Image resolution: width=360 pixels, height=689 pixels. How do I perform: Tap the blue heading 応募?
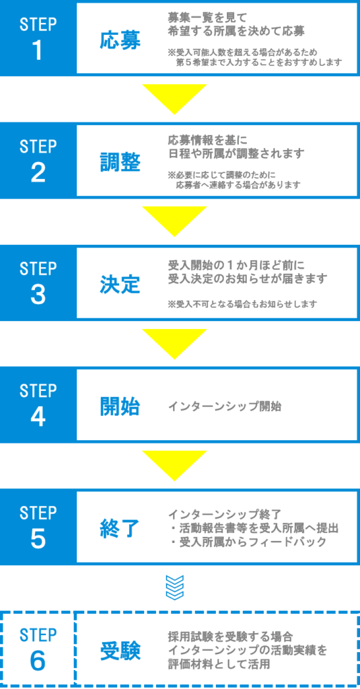click(120, 41)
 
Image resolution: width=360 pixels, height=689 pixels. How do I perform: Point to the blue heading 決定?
click(120, 285)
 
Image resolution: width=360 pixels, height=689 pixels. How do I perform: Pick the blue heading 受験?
click(120, 651)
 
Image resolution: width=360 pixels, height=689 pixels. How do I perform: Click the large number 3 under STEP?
click(38, 295)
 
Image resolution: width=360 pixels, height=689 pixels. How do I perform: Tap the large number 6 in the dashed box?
click(38, 661)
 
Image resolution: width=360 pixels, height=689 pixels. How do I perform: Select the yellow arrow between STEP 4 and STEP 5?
click(175, 465)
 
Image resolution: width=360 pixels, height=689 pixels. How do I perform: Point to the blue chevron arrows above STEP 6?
click(174, 587)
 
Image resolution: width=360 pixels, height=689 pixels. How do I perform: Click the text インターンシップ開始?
click(225, 406)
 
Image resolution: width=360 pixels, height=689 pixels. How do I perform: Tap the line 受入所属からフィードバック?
click(248, 542)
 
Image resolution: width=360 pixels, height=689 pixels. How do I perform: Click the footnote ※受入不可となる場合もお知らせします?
click(242, 303)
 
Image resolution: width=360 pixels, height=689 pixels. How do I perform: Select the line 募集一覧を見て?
click(208, 17)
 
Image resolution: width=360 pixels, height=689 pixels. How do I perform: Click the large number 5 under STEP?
click(38, 539)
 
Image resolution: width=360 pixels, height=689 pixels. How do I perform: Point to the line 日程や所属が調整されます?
click(236, 154)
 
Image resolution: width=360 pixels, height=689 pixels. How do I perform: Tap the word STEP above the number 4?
click(38, 390)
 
